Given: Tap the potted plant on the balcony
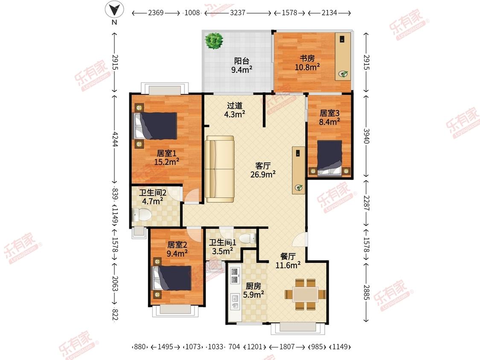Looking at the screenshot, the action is [x=214, y=41].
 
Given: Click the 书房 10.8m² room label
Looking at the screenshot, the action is [x=307, y=63].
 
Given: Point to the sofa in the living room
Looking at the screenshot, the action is [x=219, y=169].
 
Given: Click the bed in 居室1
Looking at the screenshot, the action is [x=155, y=126].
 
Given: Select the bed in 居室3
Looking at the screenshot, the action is [x=329, y=158].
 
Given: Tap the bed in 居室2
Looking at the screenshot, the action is [x=172, y=278].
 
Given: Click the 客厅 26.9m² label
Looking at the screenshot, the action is [x=263, y=170].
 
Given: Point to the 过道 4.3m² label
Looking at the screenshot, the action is [x=235, y=110].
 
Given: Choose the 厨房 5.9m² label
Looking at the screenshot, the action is [x=253, y=290].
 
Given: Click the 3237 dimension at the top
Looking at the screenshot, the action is [x=238, y=13].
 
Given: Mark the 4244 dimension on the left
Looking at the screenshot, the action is [x=115, y=139].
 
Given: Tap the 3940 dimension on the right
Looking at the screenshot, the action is [x=367, y=136].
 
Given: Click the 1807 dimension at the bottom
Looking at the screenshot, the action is [x=287, y=347].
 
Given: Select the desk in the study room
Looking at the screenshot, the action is [x=343, y=57].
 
